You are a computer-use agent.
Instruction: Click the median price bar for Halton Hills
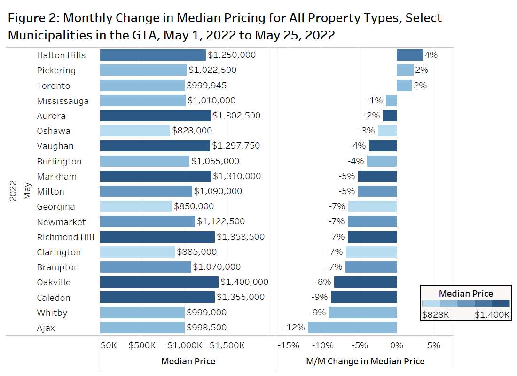[x=153, y=55]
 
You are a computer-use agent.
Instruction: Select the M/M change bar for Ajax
[x=352, y=328]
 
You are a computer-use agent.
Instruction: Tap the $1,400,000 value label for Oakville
[x=244, y=282]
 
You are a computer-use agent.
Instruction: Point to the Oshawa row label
[x=53, y=131]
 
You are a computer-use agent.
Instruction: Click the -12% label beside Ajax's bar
[x=294, y=328]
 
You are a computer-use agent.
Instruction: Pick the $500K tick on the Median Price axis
[x=142, y=345]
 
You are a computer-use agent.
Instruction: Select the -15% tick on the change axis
[x=289, y=345]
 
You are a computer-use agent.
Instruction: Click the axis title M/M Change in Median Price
[x=365, y=361]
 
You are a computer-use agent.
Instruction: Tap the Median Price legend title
[x=466, y=294]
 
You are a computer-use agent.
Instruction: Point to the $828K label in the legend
[x=436, y=314]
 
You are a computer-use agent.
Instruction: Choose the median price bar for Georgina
[x=136, y=206]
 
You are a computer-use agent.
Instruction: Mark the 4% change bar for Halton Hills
[x=410, y=55]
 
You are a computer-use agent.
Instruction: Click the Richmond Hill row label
[x=65, y=237]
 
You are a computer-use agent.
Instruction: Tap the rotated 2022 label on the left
[x=13, y=190]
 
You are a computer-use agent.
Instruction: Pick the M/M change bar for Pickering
[x=405, y=70]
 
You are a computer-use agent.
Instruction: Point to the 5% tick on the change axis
[x=434, y=345]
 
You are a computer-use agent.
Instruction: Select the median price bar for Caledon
[x=157, y=297]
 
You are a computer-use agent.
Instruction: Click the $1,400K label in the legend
[x=492, y=314]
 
